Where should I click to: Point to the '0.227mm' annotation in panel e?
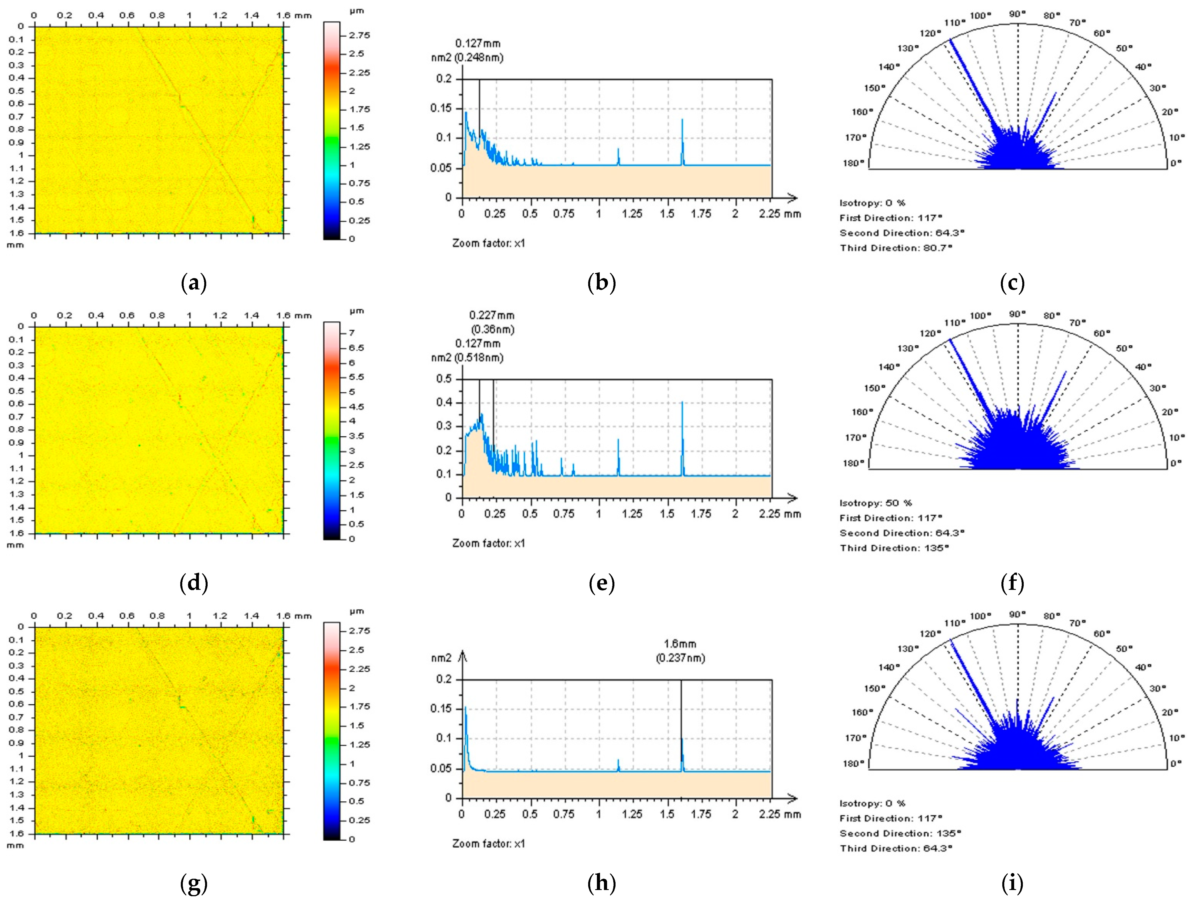pyautogui.click(x=492, y=315)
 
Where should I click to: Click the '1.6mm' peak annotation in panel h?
pyautogui.click(x=680, y=644)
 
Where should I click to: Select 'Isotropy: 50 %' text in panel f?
pyautogui.click(x=876, y=503)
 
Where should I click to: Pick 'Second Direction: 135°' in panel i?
pyautogui.click(x=900, y=834)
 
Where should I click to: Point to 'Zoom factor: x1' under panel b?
pyautogui.click(x=488, y=243)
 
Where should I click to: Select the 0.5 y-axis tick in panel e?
pyautogui.click(x=444, y=379)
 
